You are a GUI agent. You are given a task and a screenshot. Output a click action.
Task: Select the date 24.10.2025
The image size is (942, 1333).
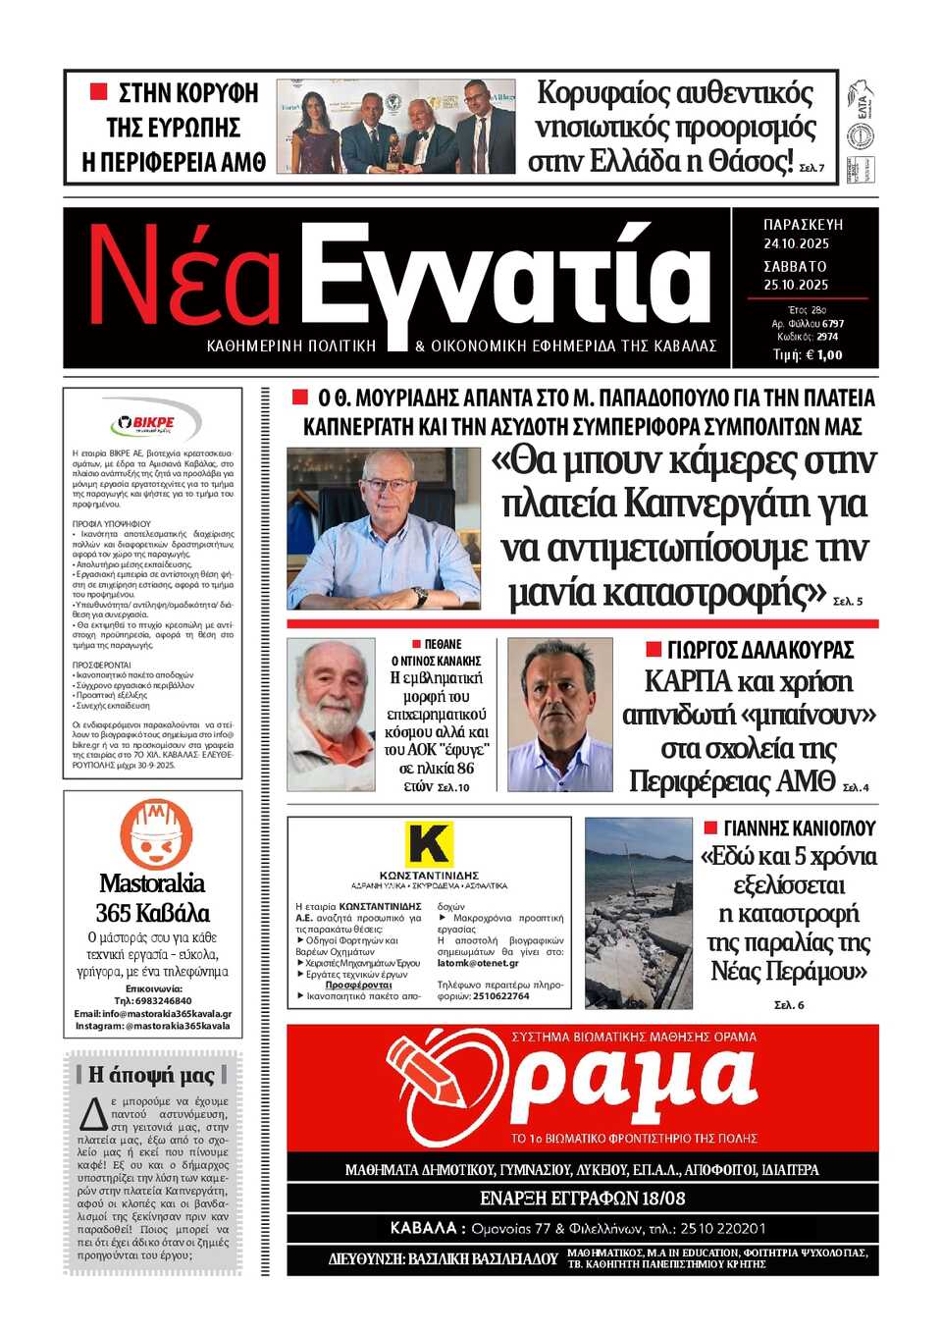coord(796,243)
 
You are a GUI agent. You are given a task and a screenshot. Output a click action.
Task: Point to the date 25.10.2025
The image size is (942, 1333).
coord(796,285)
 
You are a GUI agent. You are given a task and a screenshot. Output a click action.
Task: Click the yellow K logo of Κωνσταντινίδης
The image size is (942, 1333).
coord(429,844)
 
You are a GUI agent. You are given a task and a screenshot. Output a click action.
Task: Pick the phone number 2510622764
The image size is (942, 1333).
coord(501,995)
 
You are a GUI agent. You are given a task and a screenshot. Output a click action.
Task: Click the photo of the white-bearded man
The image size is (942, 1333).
coord(331,714)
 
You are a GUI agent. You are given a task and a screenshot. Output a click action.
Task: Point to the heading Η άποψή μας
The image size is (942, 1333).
coord(152,1075)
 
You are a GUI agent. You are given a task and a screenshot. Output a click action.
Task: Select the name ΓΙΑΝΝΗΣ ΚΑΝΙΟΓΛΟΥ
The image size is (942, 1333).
coord(799,827)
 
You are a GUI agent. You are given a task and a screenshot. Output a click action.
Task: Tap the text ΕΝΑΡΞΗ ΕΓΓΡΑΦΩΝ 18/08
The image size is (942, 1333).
coord(582,1199)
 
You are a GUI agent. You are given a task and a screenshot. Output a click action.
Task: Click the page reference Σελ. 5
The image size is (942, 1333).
coord(847,601)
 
